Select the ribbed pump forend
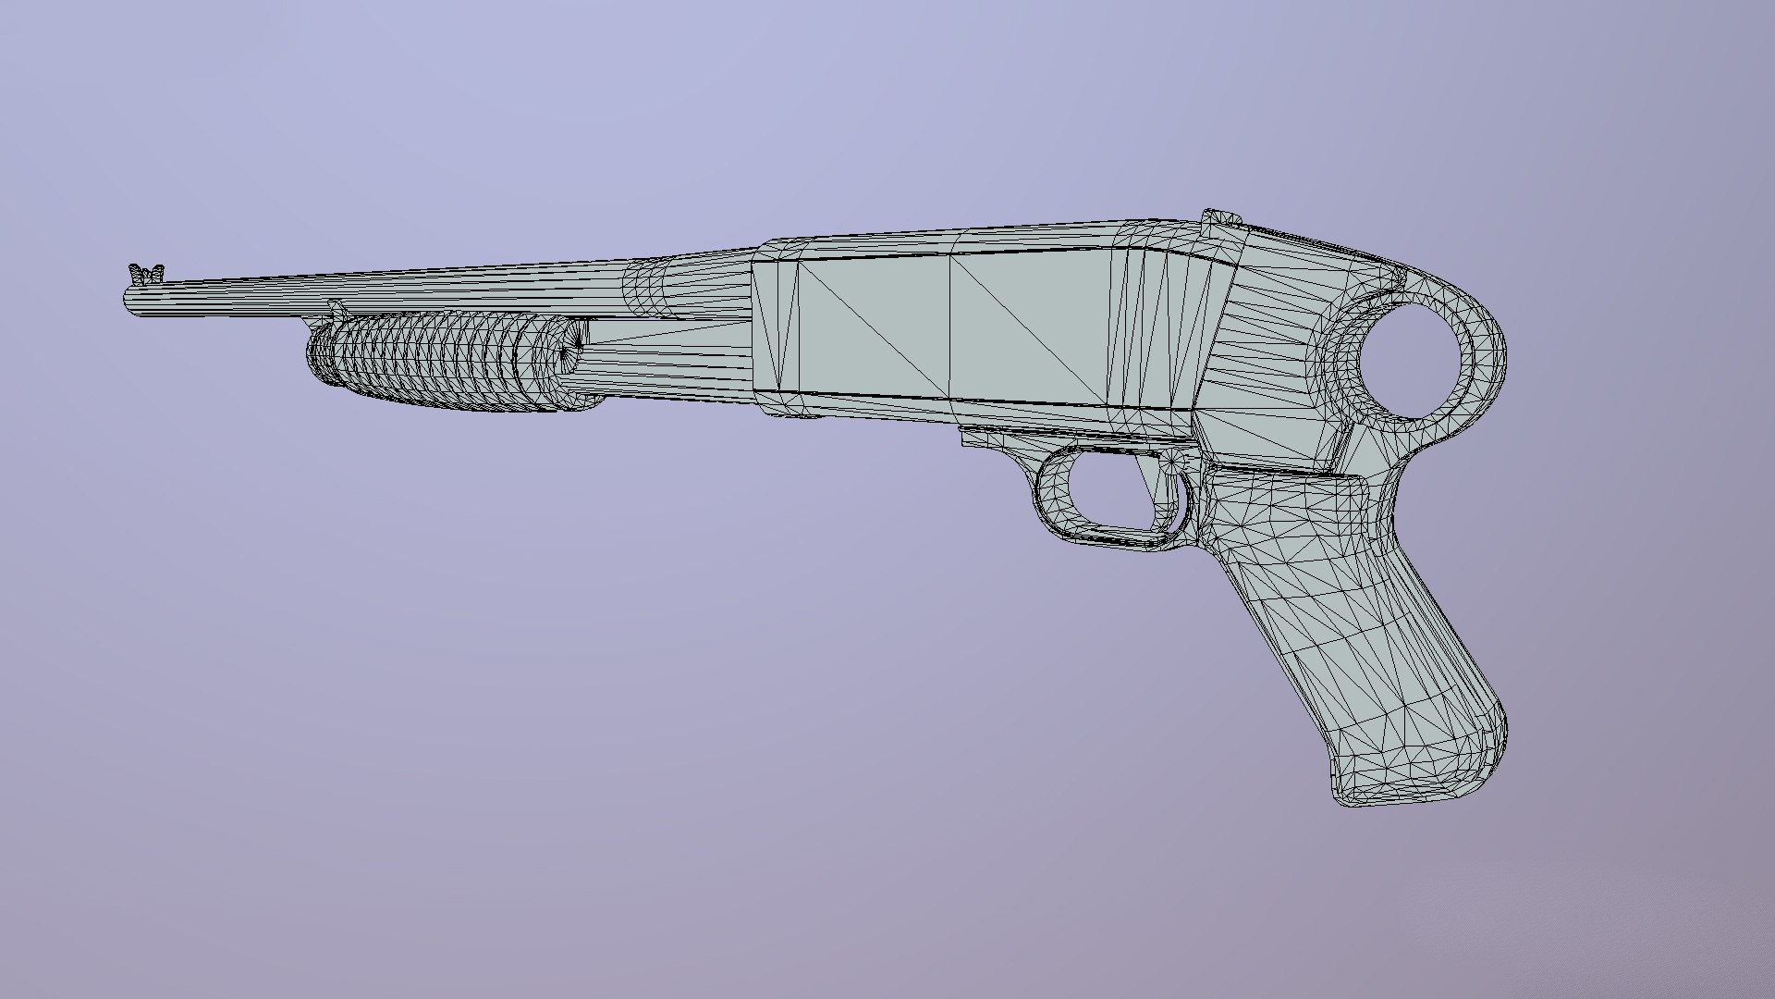click(x=425, y=361)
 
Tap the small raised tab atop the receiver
click(x=1220, y=218)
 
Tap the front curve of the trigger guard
click(x=1045, y=490)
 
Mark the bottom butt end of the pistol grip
click(x=1405, y=791)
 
